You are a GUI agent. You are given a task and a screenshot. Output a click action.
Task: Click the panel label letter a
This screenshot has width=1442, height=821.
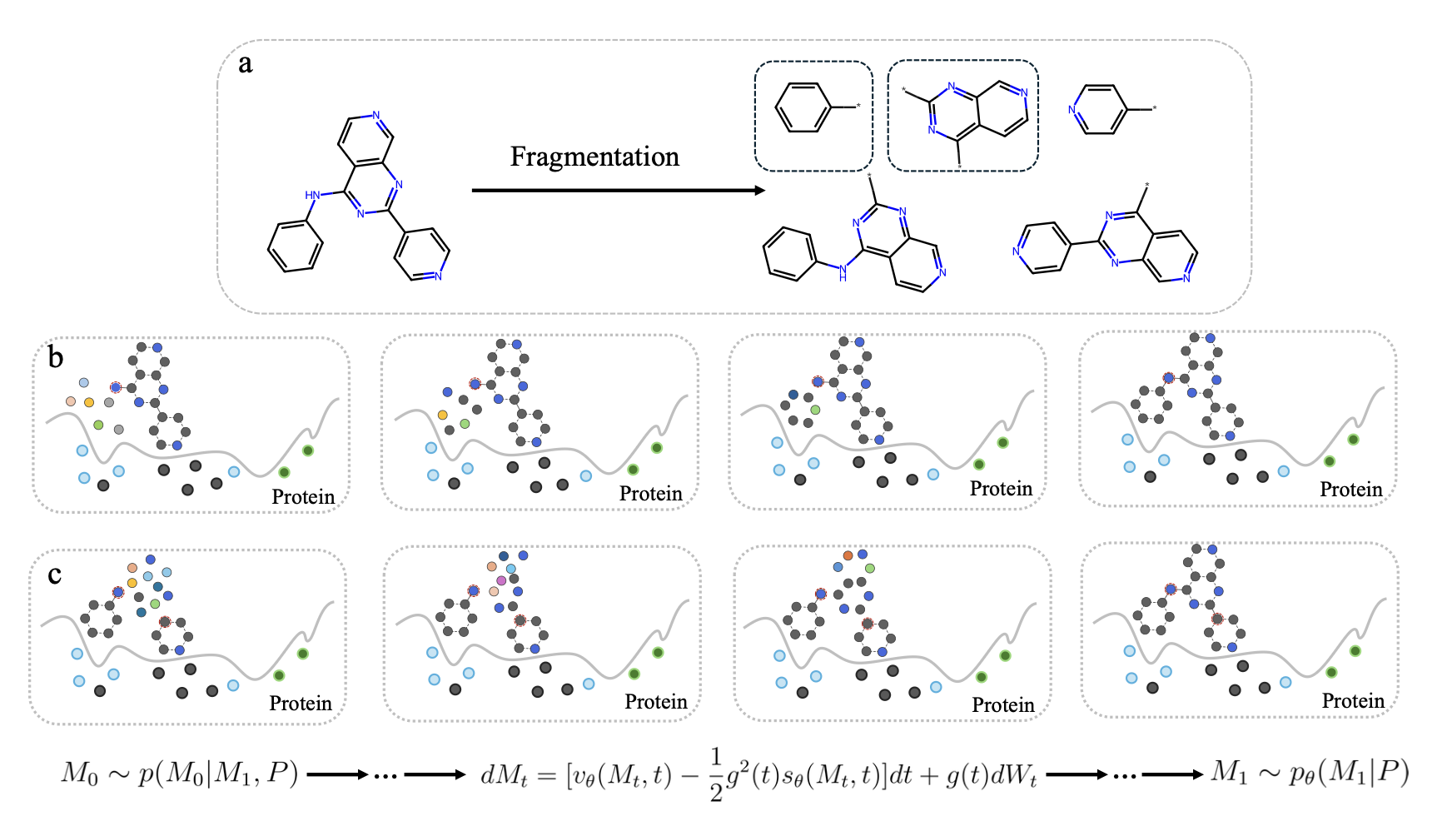point(245,64)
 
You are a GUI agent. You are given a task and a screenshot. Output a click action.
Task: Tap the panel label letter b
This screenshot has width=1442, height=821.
point(55,358)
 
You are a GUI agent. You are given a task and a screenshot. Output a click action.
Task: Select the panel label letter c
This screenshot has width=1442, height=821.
point(54,575)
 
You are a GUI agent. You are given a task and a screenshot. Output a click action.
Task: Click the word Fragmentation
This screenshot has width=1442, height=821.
point(594,157)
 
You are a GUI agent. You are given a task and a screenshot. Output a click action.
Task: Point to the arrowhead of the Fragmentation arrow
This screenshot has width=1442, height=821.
point(759,191)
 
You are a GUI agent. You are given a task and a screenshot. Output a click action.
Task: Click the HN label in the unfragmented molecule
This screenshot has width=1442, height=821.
point(312,195)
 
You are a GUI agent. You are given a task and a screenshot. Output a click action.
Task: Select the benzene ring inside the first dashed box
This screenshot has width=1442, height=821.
point(803,107)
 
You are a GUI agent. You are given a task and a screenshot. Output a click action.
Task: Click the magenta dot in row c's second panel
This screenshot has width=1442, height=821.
point(501,580)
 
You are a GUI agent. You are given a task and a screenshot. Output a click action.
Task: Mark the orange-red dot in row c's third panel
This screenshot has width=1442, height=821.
point(848,555)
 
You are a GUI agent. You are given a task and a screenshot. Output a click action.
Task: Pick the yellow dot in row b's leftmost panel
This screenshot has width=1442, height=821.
point(89,402)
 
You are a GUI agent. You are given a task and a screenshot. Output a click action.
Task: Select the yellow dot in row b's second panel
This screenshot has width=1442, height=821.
point(442,415)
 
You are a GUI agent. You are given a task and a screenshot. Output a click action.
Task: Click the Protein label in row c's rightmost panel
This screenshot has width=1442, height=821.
point(1353,701)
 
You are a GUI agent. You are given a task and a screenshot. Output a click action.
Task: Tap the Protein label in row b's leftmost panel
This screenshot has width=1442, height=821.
point(303,497)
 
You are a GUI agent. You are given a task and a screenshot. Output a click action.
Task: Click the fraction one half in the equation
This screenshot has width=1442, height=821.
point(716,775)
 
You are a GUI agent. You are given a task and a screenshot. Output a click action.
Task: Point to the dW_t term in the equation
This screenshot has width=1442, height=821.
point(1014,776)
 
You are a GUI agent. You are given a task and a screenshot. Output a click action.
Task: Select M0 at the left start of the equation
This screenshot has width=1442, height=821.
point(79,774)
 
